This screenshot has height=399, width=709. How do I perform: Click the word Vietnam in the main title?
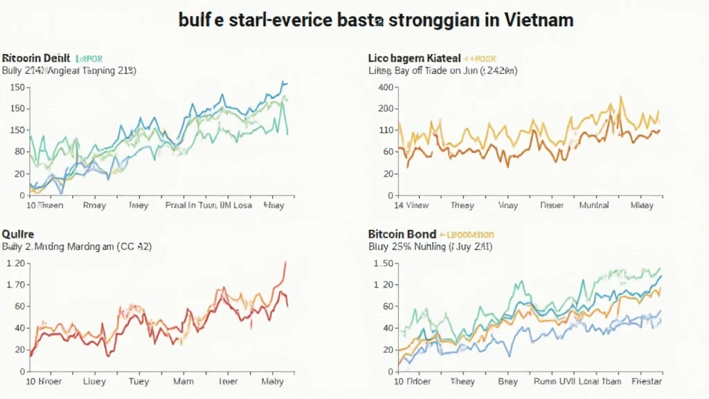click(537, 19)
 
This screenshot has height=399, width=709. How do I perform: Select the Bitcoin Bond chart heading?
click(402, 234)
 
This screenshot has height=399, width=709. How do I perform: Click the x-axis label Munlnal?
click(593, 205)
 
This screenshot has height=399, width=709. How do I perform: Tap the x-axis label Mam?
click(183, 382)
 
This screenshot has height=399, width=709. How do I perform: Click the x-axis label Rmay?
click(94, 205)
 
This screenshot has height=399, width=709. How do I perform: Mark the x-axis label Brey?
click(509, 382)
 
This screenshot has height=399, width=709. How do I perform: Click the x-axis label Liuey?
click(94, 382)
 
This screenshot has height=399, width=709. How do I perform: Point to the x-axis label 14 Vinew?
click(411, 205)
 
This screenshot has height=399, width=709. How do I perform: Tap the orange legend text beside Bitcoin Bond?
click(467, 235)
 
